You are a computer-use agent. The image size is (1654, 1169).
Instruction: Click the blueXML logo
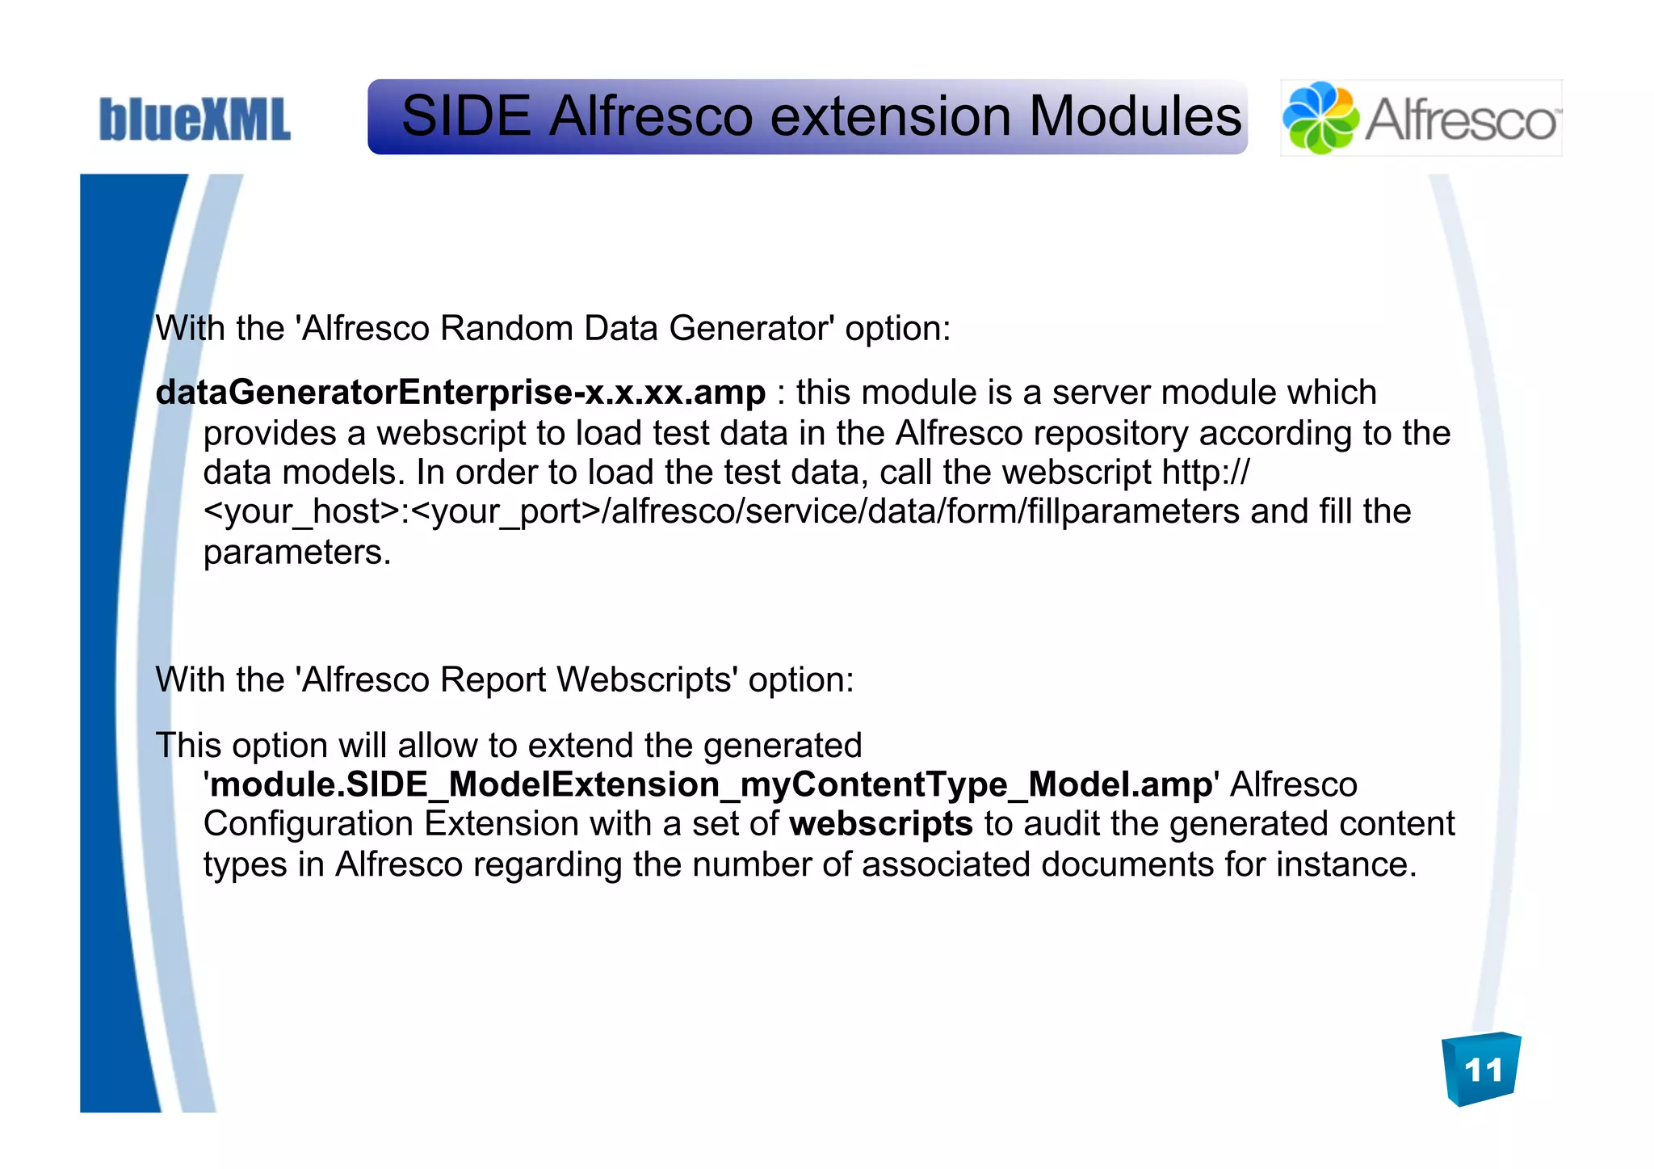194,120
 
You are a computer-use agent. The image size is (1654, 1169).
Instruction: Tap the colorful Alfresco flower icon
1320,118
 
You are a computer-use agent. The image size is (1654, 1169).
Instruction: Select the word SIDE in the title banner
465,116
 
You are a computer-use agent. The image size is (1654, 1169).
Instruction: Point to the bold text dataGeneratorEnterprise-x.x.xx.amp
460,393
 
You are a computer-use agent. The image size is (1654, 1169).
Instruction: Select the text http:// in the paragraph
1205,473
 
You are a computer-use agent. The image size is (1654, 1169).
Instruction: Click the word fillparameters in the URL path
1133,512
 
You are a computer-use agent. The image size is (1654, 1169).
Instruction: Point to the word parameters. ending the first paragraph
296,553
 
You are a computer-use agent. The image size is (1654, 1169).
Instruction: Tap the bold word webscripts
881,825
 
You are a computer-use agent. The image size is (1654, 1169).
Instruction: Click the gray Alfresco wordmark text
1460,121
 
